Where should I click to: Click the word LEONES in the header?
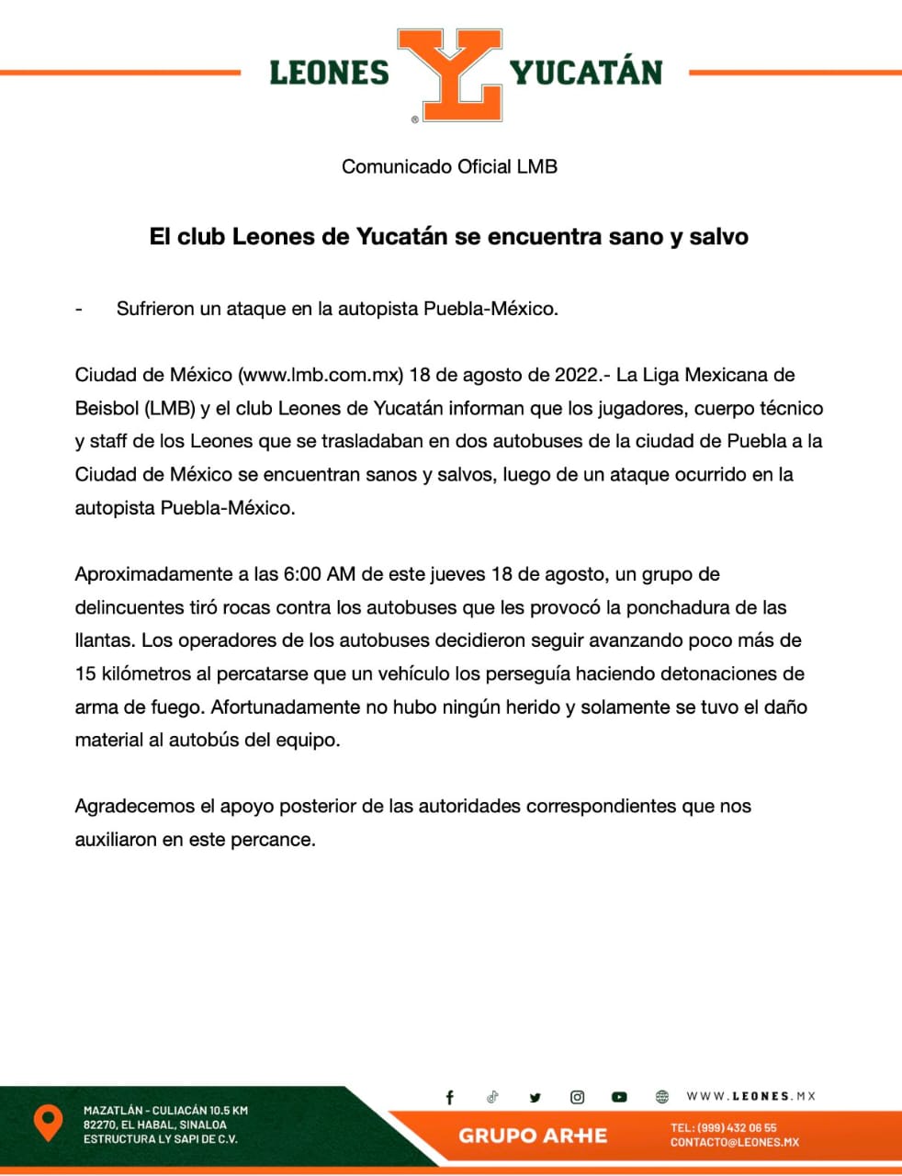(330, 73)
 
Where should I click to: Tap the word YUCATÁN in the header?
(586, 73)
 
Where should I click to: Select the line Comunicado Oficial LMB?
(449, 166)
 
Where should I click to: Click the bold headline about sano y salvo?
(449, 236)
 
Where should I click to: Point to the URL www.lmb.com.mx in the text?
(321, 375)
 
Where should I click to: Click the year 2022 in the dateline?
(577, 375)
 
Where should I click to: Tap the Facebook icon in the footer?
(450, 1097)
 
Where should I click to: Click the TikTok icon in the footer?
(493, 1097)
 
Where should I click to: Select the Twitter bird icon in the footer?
(536, 1097)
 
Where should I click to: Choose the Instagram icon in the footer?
(578, 1097)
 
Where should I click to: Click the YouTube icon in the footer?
(620, 1097)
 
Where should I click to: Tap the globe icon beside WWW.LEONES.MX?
(662, 1097)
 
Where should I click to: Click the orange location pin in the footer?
(48, 1123)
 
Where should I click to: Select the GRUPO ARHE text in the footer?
(533, 1136)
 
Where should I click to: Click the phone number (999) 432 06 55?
(737, 1127)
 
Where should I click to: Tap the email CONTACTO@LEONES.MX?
(735, 1142)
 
